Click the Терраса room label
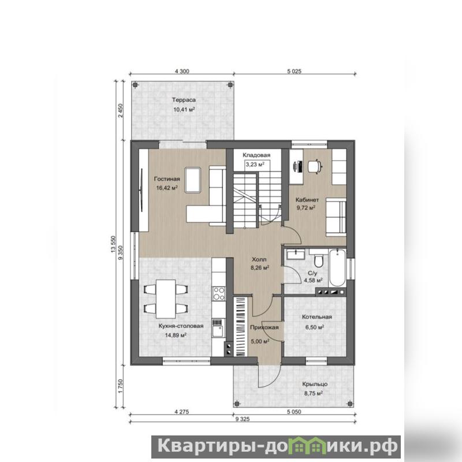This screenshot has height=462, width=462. pyautogui.click(x=184, y=100)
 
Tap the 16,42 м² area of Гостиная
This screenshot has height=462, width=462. pyautogui.click(x=167, y=188)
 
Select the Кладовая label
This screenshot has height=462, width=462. pyautogui.click(x=256, y=155)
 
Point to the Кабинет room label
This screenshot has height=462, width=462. pyautogui.click(x=307, y=200)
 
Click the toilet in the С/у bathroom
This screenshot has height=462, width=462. pyautogui.click(x=319, y=260)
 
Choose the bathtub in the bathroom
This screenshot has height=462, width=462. pyautogui.click(x=337, y=268)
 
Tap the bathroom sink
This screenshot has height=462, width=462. pyautogui.click(x=296, y=254)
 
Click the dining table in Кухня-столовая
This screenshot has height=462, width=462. pyautogui.click(x=166, y=299)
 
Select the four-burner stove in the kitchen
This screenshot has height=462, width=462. pyautogui.click(x=219, y=293)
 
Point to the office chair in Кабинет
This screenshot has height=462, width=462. pyautogui.click(x=315, y=166)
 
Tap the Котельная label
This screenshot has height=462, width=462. pyautogui.click(x=316, y=317)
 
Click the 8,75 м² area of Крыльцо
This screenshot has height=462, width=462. pyautogui.click(x=314, y=393)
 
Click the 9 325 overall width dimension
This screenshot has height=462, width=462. pyautogui.click(x=243, y=419)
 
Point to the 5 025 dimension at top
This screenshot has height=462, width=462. pyautogui.click(x=295, y=71)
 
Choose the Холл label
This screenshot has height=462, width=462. pyautogui.click(x=259, y=259)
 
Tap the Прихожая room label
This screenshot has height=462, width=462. pyautogui.click(x=264, y=327)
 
